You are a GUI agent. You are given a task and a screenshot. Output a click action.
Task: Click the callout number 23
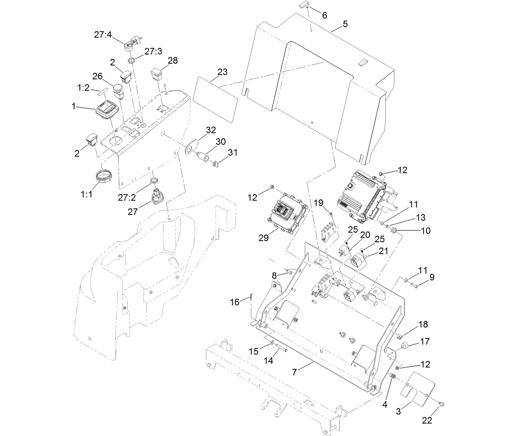222,72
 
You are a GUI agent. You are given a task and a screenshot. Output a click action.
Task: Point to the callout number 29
264,238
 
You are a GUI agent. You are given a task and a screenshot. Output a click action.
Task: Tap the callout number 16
235,302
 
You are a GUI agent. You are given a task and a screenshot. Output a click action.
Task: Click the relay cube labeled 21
359,259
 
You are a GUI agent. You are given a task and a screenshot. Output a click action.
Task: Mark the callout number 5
345,24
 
